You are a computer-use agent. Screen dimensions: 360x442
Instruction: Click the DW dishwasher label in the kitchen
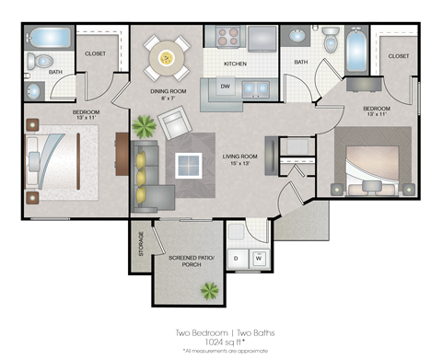pyautogui.click(x=225, y=87)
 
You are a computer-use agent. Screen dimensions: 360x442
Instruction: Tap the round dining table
pyautogui.click(x=168, y=58)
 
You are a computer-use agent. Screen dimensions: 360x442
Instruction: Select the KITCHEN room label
pyautogui.click(x=237, y=64)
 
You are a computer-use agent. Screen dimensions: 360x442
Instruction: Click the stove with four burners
pyautogui.click(x=227, y=37)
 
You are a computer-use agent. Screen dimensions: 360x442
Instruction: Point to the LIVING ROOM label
pyautogui.click(x=239, y=157)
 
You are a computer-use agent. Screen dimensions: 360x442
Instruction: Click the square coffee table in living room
pyautogui.click(x=189, y=165)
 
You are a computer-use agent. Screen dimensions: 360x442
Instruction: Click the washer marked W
pyautogui.click(x=258, y=259)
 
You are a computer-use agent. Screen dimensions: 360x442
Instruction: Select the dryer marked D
pyautogui.click(x=236, y=259)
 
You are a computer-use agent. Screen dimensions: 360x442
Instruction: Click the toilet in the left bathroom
pyautogui.click(x=35, y=62)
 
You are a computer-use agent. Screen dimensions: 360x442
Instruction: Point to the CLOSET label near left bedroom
pyautogui.click(x=95, y=53)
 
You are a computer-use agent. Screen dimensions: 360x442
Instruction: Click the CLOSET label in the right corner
pyautogui.click(x=398, y=56)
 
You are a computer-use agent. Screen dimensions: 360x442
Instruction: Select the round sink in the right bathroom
pyautogui.click(x=297, y=37)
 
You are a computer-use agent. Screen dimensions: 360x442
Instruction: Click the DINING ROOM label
pyautogui.click(x=169, y=91)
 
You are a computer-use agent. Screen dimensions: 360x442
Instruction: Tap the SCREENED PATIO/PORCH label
pyautogui.click(x=186, y=261)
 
